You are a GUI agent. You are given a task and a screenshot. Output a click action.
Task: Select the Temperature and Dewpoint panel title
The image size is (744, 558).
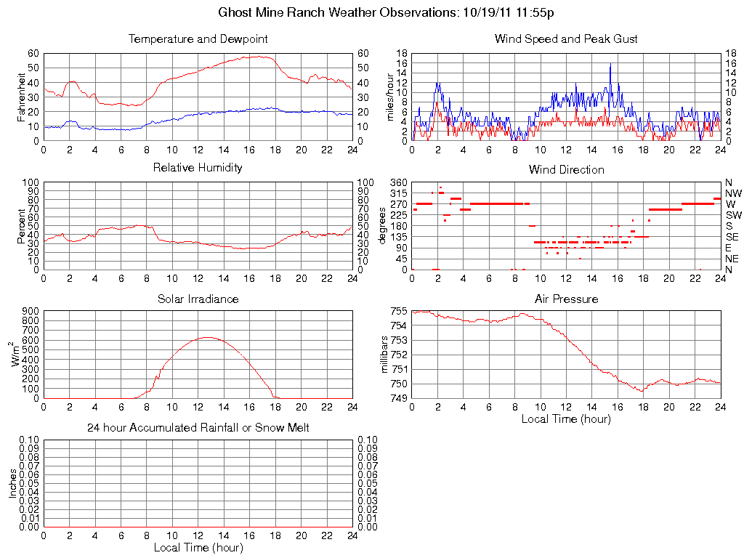(x=198, y=39)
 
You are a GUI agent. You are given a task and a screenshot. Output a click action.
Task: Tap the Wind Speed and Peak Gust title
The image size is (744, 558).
(x=566, y=39)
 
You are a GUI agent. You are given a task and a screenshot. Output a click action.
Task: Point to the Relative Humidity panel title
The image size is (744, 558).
(x=198, y=168)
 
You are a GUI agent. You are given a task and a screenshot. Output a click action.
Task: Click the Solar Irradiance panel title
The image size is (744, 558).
(x=198, y=299)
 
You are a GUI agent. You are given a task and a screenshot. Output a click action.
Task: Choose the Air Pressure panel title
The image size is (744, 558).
(x=566, y=299)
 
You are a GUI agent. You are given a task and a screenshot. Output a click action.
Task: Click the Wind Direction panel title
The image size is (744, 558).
(x=566, y=169)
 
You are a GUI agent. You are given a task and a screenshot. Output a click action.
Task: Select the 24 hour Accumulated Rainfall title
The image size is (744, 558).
(x=198, y=428)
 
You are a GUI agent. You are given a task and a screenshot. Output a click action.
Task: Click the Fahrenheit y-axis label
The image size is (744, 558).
(x=21, y=97)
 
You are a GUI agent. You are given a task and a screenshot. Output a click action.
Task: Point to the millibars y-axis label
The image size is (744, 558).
(x=386, y=354)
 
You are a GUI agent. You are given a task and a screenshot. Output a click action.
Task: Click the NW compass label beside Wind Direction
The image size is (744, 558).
(x=733, y=193)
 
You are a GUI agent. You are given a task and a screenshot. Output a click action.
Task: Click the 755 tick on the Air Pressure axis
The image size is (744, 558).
(x=398, y=311)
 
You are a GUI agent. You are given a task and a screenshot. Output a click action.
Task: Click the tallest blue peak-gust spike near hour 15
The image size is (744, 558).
(x=610, y=64)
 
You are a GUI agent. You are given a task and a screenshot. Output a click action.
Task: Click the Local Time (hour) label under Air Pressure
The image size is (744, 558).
(x=566, y=418)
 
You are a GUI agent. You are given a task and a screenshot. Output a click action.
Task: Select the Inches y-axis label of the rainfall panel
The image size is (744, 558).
(x=12, y=482)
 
